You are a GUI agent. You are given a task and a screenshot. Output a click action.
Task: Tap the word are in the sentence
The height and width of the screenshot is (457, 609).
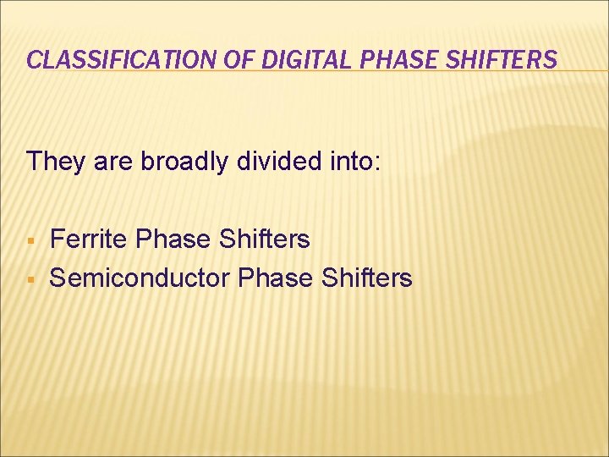point(111,161)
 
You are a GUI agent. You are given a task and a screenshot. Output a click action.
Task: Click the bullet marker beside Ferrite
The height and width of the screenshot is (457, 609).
point(30,241)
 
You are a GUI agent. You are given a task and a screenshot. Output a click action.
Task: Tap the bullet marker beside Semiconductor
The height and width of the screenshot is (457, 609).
point(30,278)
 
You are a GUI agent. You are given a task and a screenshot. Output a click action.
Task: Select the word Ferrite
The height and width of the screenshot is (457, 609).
point(90,240)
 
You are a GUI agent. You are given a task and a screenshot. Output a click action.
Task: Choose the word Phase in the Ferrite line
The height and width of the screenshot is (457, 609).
point(173,240)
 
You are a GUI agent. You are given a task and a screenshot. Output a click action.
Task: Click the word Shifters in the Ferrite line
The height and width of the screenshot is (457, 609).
point(265,240)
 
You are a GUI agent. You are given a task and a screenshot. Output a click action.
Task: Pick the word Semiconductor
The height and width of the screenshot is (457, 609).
point(140,278)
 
